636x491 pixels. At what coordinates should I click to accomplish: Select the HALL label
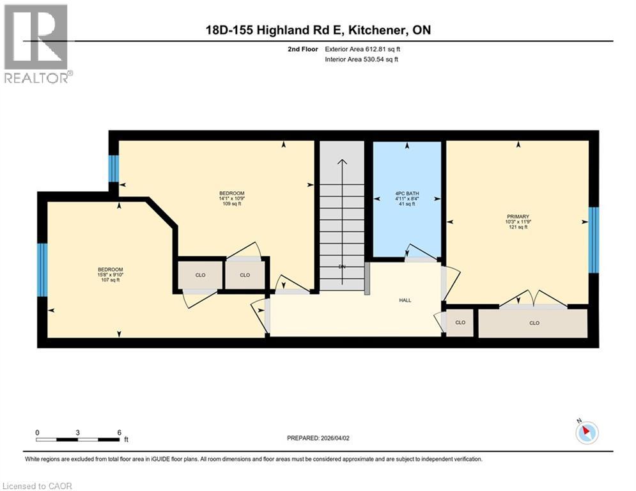point(405,300)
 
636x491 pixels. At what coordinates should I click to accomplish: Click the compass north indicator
point(586,432)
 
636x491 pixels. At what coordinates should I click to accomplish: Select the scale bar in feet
point(78,439)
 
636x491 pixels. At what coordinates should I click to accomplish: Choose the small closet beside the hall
point(460,323)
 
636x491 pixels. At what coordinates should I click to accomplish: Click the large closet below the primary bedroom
point(534,323)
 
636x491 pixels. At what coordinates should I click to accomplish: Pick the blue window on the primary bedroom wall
point(593,240)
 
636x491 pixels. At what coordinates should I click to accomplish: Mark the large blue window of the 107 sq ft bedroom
point(42,270)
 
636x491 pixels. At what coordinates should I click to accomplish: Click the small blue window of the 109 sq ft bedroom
point(113,168)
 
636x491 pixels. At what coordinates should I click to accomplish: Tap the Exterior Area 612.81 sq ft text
point(362,49)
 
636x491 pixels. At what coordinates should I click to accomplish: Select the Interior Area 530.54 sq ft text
point(361,59)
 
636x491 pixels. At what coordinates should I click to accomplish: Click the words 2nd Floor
point(303,49)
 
